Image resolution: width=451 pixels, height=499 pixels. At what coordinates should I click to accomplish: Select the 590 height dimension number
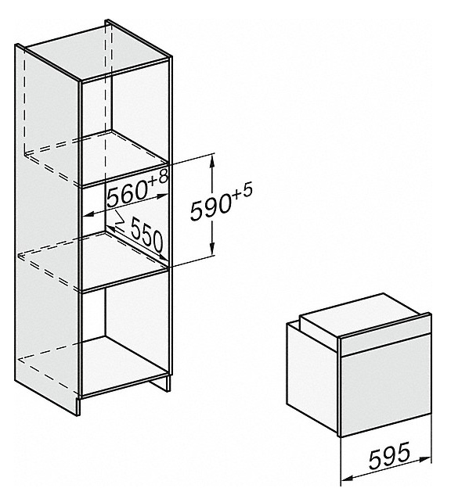[x=211, y=209]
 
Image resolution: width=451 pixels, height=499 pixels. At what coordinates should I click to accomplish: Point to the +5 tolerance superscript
[x=241, y=192]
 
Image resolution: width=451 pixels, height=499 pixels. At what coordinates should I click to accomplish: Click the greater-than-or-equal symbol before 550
[x=119, y=219]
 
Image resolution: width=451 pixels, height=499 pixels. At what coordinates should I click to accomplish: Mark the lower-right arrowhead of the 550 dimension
[x=163, y=257]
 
